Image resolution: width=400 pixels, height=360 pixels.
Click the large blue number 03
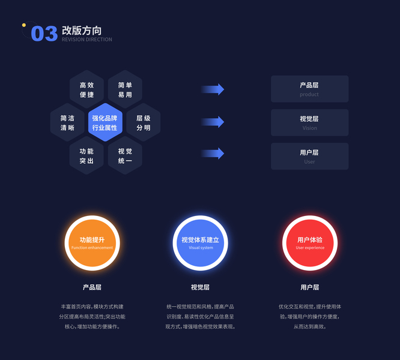tap(44, 34)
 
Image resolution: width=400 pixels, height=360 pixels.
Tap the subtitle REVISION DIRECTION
tap(86, 40)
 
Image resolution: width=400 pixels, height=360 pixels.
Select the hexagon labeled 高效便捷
tap(86, 90)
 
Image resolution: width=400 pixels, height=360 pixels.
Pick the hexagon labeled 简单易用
tap(125, 90)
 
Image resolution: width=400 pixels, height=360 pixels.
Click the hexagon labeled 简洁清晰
tap(67, 123)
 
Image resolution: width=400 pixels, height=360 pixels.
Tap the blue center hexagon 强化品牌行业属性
tap(105, 123)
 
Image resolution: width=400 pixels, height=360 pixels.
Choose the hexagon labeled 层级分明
tap(144, 123)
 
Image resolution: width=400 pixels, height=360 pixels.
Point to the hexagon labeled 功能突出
tap(86, 156)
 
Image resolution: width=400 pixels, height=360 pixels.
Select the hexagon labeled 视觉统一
tap(125, 156)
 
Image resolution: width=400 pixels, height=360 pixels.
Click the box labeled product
tap(309, 89)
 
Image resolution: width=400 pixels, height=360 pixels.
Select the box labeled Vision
tap(309, 122)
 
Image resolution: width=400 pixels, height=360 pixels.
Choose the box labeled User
tap(309, 156)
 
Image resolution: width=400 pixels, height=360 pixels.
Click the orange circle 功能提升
tap(92, 243)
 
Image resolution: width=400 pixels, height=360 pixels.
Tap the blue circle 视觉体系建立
tap(201, 243)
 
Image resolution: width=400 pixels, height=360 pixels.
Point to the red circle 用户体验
tap(310, 243)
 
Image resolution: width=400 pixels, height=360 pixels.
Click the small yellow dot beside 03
tap(24, 25)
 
